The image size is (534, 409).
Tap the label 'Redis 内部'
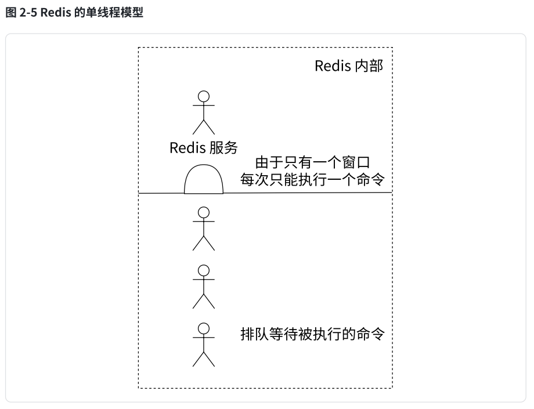349,66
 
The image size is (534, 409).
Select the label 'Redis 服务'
204,148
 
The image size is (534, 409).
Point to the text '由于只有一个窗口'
313,164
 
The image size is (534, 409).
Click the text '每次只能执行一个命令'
313,180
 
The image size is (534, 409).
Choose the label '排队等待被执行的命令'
313,335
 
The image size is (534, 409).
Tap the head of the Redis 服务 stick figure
204,96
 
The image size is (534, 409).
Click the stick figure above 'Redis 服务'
204,113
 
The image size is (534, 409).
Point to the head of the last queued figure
204,328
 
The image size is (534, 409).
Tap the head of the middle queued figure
204,270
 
